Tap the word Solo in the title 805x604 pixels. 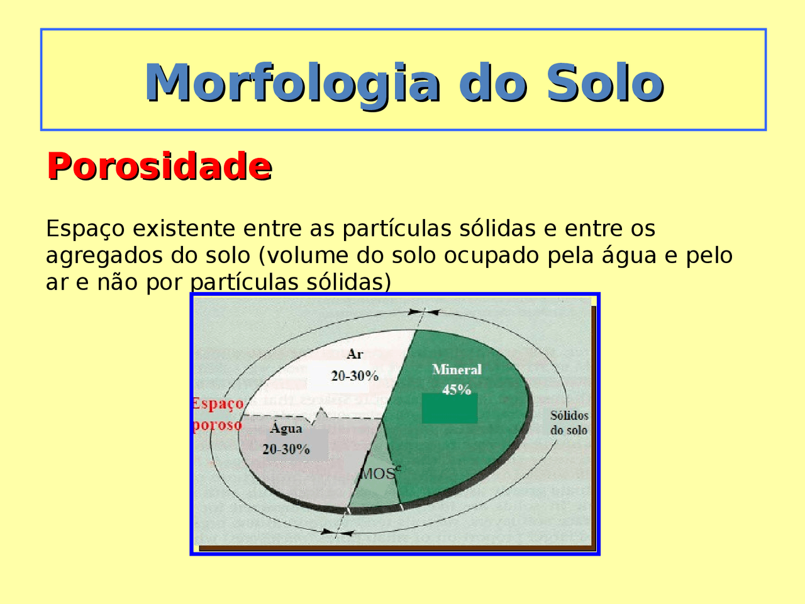[605, 82]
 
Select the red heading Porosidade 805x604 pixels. [159, 166]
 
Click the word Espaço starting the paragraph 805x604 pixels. [86, 229]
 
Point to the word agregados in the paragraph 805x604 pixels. [103, 256]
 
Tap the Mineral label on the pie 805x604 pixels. [457, 369]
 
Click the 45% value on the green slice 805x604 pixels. [457, 389]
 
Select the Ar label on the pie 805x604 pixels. [355, 354]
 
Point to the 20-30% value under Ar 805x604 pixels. [355, 376]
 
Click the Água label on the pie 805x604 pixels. [286, 428]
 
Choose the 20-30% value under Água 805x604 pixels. [286, 449]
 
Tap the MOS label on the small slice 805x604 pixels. [378, 474]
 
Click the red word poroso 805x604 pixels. [217, 425]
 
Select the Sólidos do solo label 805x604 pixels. [569, 423]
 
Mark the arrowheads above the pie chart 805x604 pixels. [423, 311]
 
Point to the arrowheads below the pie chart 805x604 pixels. [337, 532]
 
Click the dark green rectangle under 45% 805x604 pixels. [449, 409]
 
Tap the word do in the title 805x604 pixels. [491, 82]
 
